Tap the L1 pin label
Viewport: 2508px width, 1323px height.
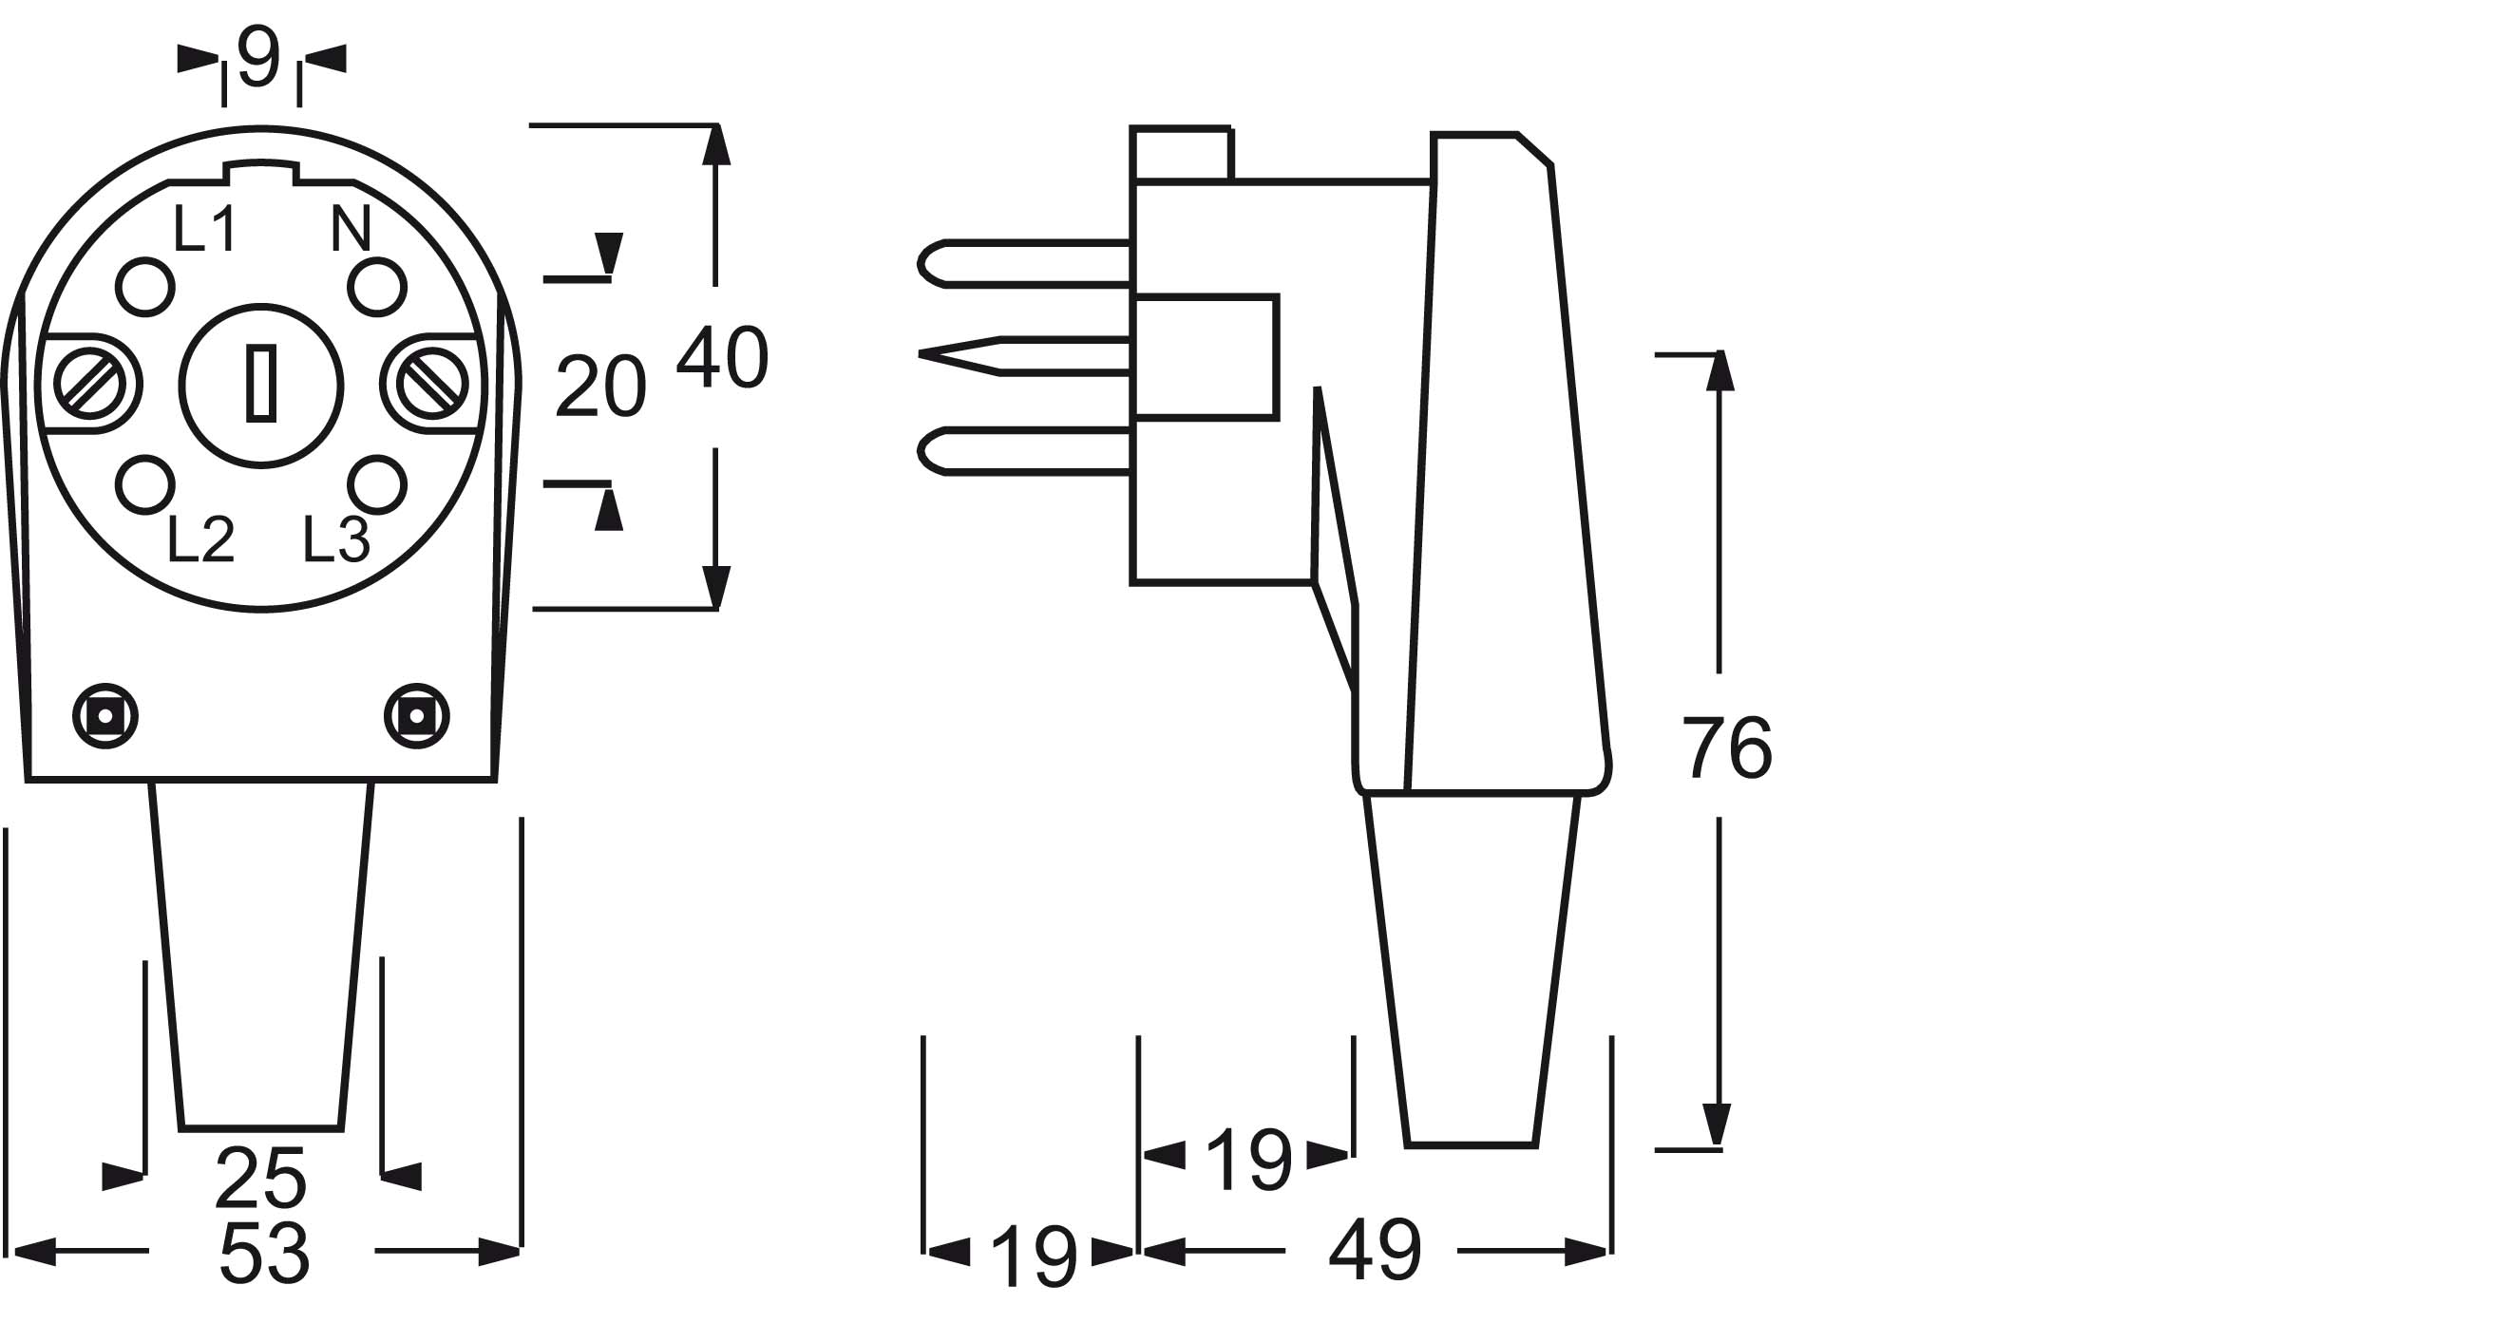click(204, 229)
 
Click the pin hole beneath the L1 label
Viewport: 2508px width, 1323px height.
click(145, 287)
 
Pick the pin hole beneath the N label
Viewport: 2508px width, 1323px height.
click(377, 287)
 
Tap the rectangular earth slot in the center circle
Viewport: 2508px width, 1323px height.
click(261, 384)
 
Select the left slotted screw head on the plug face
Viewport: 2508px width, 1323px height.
click(89, 384)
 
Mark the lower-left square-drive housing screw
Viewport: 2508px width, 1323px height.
click(105, 716)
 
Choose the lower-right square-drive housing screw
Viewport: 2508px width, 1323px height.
click(417, 716)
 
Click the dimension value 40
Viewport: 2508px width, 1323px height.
click(722, 358)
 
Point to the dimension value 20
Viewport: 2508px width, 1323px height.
click(599, 387)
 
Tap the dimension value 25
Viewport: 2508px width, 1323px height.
click(261, 1178)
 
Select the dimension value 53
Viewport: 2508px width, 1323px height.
click(263, 1253)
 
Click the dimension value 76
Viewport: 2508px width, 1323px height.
click(1727, 747)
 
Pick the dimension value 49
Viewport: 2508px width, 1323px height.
click(1375, 1250)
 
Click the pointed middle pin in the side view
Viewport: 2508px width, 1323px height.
click(1022, 355)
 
